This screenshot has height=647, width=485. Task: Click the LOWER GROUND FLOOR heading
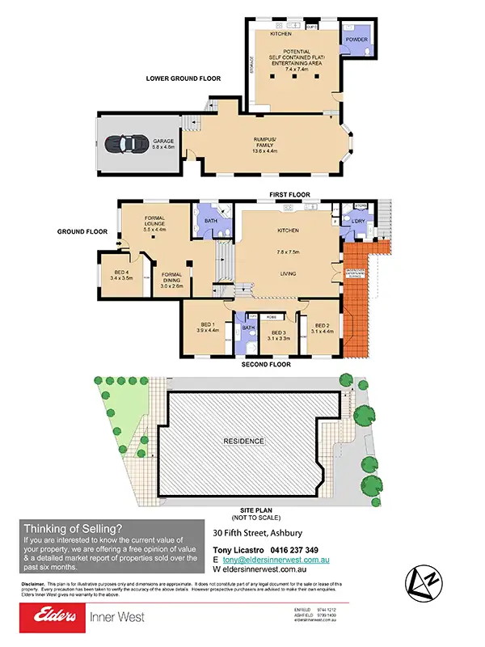pyautogui.click(x=183, y=78)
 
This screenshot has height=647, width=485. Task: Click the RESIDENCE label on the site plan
pyautogui.click(x=243, y=442)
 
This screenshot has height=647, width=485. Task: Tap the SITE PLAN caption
pyautogui.click(x=243, y=512)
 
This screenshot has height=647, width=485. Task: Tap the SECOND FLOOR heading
pyautogui.click(x=266, y=365)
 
